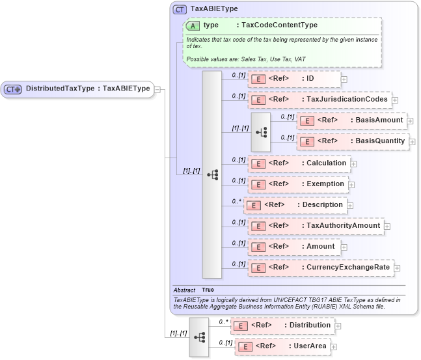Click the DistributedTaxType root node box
[77, 89]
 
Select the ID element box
[293, 79]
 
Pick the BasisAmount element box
[352, 120]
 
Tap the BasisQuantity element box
[353, 141]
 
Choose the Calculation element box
[297, 163]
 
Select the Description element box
[294, 205]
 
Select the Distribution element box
[281, 325]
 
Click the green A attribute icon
[193, 25]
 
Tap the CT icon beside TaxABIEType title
[180, 10]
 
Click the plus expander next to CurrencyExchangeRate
[397, 268]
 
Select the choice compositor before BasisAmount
[261, 131]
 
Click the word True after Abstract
[208, 290]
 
